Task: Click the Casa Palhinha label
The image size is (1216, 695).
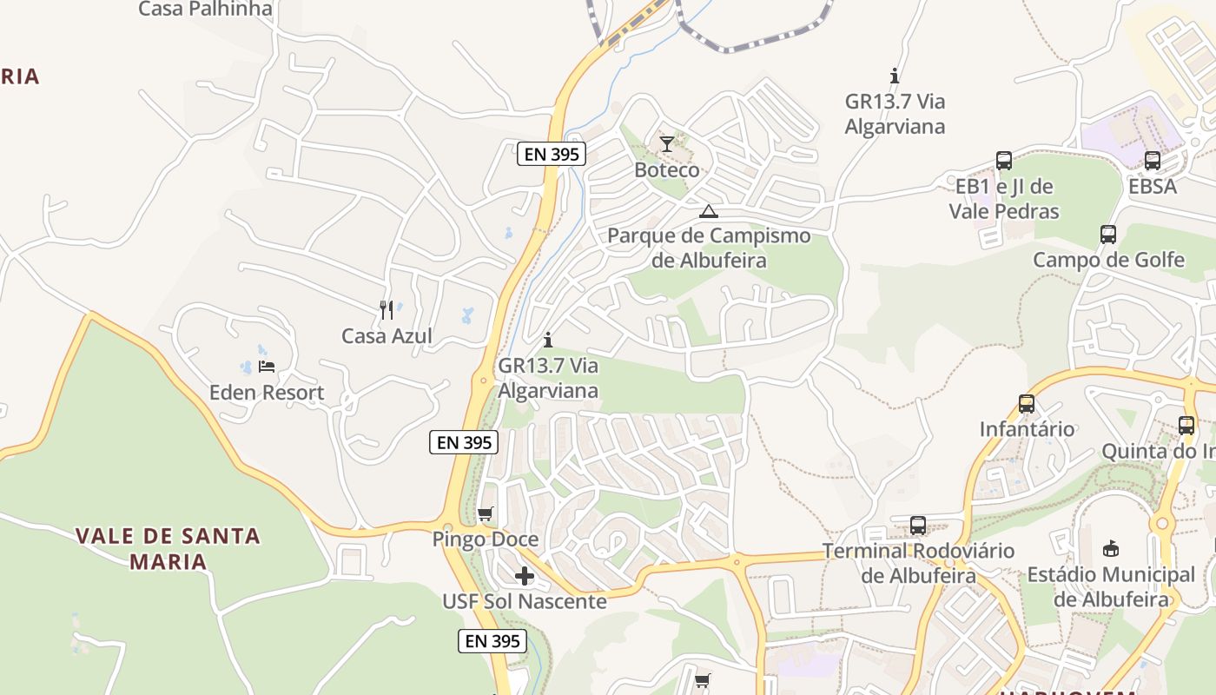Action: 205,10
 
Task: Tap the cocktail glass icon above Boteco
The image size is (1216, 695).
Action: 667,143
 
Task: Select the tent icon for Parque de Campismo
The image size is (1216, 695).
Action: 709,211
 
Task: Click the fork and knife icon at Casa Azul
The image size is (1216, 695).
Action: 387,309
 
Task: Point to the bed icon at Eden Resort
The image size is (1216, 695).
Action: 267,367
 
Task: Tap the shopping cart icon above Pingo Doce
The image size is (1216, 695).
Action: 486,514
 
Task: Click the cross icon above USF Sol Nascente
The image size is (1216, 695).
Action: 525,576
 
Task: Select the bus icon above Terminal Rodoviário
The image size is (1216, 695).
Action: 918,526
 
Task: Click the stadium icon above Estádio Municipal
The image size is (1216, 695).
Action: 1111,548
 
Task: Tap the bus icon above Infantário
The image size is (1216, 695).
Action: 1027,404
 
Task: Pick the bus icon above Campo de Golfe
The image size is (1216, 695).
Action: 1108,235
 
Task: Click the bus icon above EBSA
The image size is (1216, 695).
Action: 1153,161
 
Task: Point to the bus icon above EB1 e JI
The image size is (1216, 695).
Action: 1004,161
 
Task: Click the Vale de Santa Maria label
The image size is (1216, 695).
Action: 168,548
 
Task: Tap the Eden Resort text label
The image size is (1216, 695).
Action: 267,393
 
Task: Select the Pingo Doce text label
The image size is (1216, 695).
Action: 486,539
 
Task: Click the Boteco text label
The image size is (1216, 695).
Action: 667,170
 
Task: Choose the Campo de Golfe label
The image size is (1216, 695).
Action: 1108,260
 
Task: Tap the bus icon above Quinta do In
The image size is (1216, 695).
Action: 1186,426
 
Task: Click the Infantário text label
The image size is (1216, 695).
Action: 1027,429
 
